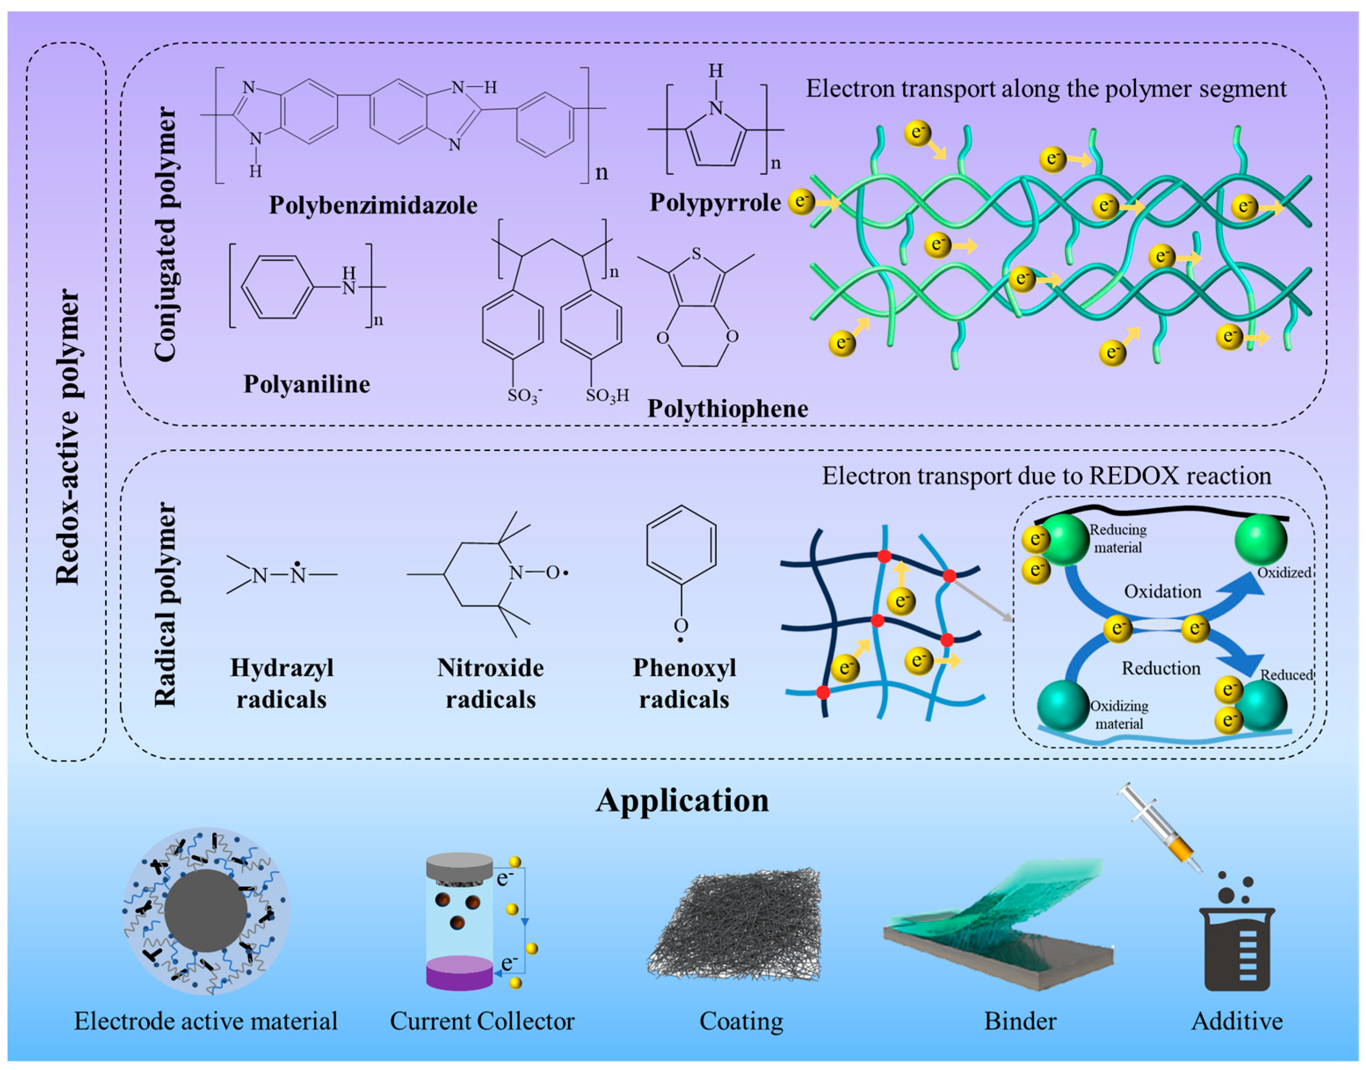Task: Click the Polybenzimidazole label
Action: click(373, 205)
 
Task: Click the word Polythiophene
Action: click(727, 408)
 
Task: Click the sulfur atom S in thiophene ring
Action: click(696, 254)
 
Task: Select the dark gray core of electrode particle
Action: click(206, 910)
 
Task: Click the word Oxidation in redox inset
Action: click(1162, 591)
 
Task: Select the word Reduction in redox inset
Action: click(1160, 668)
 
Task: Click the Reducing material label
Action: click(1118, 538)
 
